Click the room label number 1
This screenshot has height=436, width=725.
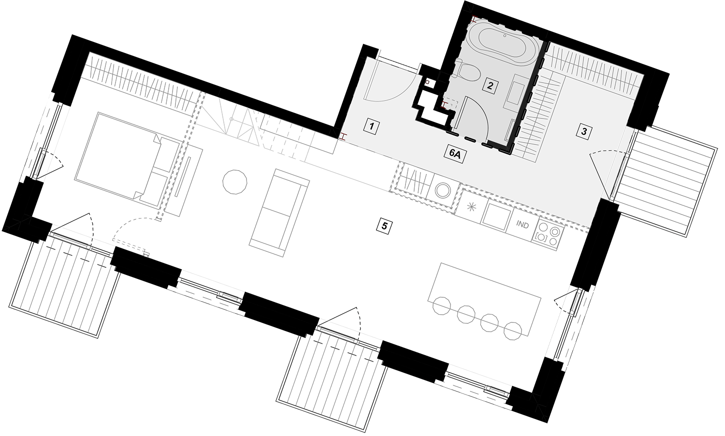371,126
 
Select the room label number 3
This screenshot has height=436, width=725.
584,131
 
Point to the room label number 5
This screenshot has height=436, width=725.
384,226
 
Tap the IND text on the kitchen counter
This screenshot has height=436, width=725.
522,225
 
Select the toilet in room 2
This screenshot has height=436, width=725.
466,71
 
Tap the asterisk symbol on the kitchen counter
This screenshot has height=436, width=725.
471,207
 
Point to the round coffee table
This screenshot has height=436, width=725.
235,182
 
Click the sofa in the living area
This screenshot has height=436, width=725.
279,213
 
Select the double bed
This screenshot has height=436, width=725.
127,159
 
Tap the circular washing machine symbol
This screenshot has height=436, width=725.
442,190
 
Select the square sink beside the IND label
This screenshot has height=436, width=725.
496,216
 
